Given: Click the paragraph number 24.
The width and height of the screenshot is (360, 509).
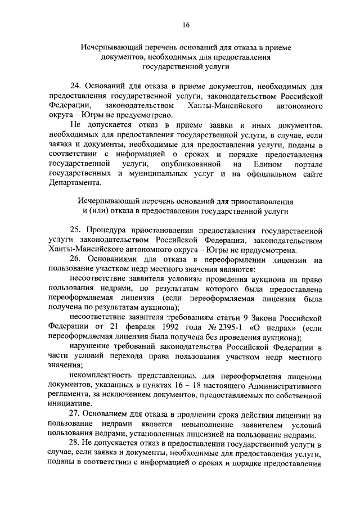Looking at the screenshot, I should [x=75, y=86].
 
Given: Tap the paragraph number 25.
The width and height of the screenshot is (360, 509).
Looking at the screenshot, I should [x=75, y=230].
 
